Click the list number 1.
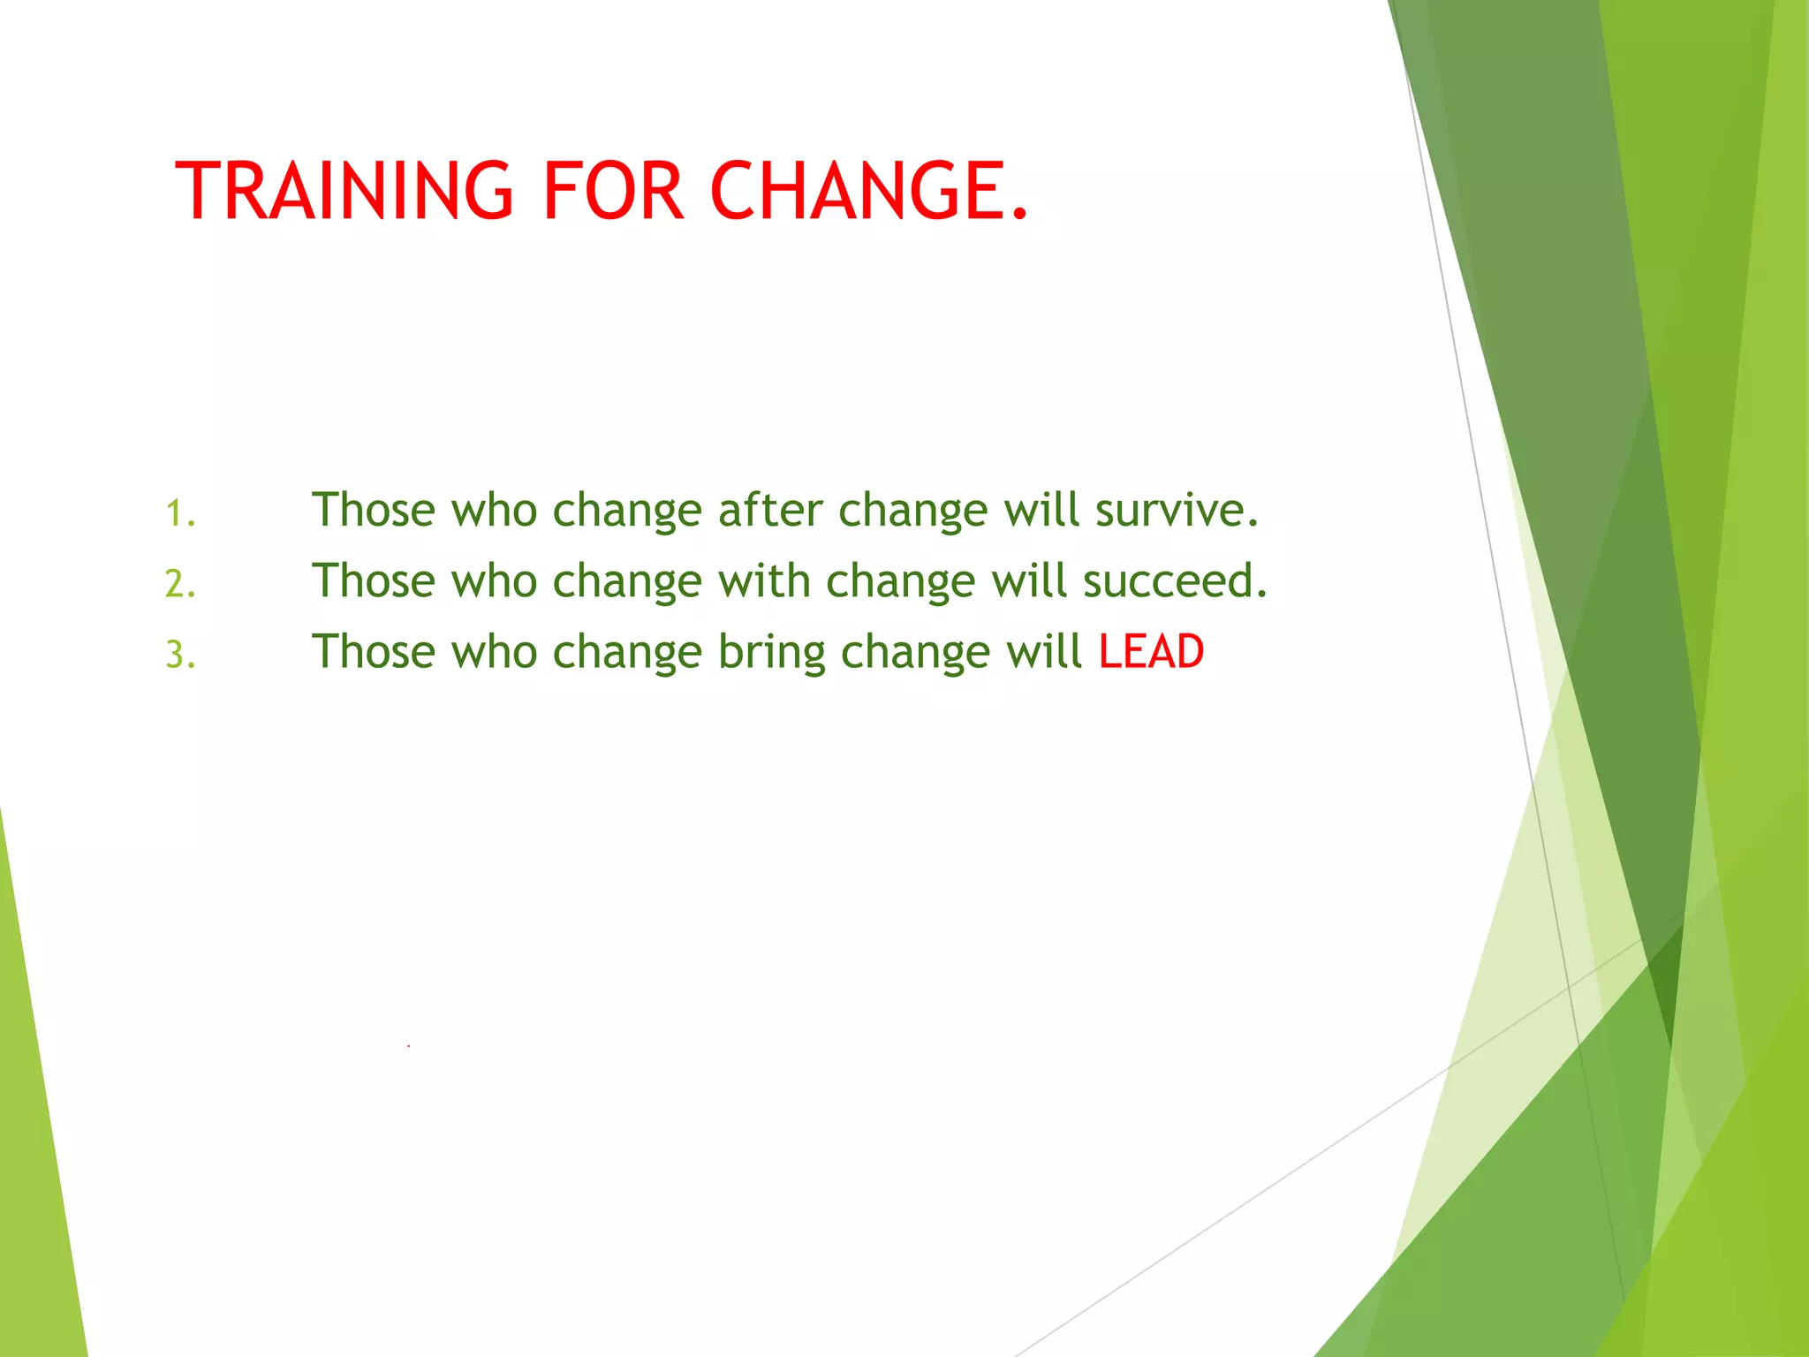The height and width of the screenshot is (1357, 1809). (180, 513)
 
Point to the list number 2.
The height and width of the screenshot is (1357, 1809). (180, 584)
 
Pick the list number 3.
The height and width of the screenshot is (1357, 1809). (180, 655)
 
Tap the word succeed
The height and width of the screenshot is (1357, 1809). (1175, 580)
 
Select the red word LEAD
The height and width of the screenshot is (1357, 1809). (1151, 652)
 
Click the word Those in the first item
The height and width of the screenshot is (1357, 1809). (374, 510)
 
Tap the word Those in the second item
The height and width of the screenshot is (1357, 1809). (374, 580)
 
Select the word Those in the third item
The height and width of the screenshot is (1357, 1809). (374, 652)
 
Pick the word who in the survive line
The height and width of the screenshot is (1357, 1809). (495, 510)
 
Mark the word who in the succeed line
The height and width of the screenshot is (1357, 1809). (495, 580)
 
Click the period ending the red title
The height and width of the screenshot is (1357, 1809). (1020, 213)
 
